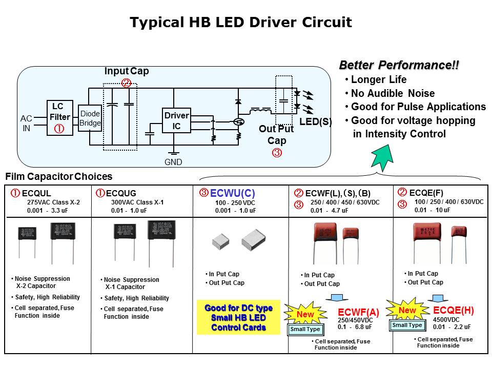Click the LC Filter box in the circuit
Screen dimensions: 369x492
click(x=59, y=117)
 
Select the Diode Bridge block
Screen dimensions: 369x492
click(x=90, y=118)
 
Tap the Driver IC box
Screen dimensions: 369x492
click(x=176, y=121)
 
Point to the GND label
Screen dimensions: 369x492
click(x=173, y=162)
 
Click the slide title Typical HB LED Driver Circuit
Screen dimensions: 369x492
click(x=240, y=23)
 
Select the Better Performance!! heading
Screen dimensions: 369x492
click(x=399, y=65)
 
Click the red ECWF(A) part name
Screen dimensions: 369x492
click(x=359, y=312)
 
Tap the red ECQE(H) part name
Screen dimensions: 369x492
click(x=454, y=310)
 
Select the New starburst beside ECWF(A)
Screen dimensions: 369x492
click(x=305, y=314)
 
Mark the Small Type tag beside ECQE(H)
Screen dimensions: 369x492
click(x=407, y=325)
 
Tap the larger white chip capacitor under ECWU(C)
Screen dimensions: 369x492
click(x=253, y=239)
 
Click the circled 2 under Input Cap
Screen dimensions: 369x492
click(x=126, y=83)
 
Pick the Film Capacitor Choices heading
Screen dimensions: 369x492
click(x=58, y=177)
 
